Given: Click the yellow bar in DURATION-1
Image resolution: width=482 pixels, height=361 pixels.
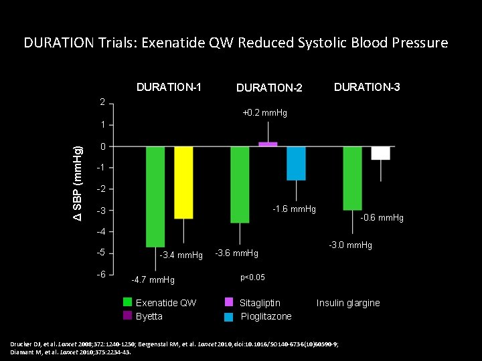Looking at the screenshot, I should coord(183,183).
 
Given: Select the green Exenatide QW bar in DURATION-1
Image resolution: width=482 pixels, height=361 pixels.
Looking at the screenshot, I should coord(155,197).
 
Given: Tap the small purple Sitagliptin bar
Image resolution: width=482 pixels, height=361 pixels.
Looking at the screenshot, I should coord(268,144).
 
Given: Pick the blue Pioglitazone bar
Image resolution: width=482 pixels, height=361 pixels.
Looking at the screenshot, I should coord(296,163).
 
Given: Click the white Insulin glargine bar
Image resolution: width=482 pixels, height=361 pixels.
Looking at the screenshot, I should coord(380,153).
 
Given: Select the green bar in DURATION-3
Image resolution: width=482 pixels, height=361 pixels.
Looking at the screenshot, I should coord(352,178).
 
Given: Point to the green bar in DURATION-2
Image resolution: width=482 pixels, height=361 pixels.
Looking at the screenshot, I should coord(240,185).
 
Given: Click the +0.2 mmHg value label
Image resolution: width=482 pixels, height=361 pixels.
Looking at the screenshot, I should coord(264,113).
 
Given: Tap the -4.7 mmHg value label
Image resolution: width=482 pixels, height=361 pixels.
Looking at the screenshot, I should coord(153,279).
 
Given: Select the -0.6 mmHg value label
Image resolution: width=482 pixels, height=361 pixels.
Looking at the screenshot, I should coord(382,218).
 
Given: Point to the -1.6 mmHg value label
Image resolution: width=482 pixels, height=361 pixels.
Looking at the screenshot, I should coord(294,209).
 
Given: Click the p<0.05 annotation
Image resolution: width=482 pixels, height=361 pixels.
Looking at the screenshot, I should coord(252,277).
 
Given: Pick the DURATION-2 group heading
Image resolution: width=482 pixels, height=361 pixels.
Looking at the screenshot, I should coord(269,88).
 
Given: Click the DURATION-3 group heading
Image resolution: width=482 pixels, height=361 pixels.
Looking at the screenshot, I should coord(367,87).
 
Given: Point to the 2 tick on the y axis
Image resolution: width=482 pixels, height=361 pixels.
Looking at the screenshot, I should coord(102,102).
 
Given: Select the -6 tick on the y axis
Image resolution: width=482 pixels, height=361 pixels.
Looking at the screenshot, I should coord(101,275).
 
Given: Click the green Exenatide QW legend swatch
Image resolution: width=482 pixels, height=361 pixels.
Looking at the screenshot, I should coord(128,302).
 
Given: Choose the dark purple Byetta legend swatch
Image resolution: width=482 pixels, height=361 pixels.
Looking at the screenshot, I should coord(128,316).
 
